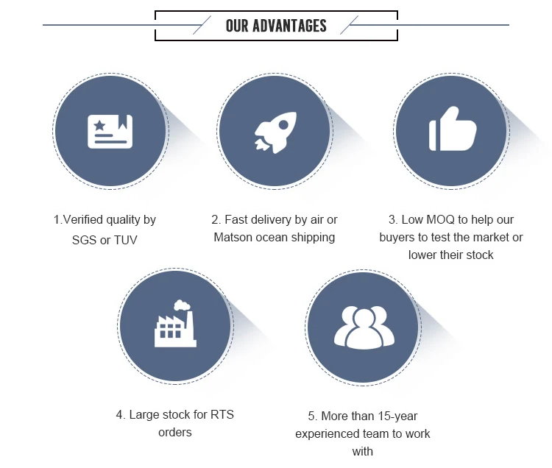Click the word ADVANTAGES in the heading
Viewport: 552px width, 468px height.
point(289,26)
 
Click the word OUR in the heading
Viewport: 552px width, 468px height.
point(237,26)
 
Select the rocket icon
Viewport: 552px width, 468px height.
point(275,132)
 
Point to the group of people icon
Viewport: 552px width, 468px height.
point(364,327)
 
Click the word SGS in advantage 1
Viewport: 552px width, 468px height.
point(85,240)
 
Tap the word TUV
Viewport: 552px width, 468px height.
point(126,240)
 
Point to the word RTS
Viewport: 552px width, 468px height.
point(221,414)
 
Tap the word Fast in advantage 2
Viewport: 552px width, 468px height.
point(238,219)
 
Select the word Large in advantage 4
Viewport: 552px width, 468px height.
point(145,414)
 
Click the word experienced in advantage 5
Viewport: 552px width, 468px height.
point(328,433)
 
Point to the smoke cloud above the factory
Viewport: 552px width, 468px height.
point(182,305)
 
